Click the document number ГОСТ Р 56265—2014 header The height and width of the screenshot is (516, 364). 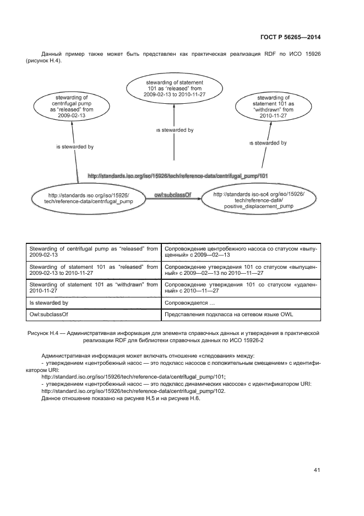(290, 37)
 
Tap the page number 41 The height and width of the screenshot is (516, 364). (317, 470)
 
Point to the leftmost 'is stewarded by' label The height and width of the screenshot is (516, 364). (75, 147)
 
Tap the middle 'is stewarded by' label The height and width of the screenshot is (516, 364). (174, 130)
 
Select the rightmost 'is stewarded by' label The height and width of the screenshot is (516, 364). (268, 143)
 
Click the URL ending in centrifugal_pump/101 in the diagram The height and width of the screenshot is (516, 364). (177, 176)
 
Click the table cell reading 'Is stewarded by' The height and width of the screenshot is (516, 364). (48, 303)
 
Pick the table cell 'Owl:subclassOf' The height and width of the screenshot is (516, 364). (48, 315)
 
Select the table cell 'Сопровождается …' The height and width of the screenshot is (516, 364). (189, 303)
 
